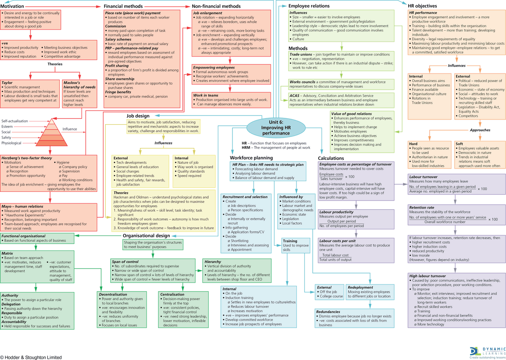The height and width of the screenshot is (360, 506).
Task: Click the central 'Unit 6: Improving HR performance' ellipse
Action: tap(276, 127)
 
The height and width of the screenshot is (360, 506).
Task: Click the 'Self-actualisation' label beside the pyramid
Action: tap(15, 121)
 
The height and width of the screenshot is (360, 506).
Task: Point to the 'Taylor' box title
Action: tap(7, 83)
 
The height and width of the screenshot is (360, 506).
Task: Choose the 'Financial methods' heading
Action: tap(123, 6)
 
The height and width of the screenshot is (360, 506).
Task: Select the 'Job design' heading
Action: tap(138, 116)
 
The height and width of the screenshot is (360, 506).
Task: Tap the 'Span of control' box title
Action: tap(125, 262)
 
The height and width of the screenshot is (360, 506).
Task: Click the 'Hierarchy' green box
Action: tap(237, 271)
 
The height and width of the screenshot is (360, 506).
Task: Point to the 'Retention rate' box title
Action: tap(422, 207)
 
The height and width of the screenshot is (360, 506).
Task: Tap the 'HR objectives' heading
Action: tap(423, 6)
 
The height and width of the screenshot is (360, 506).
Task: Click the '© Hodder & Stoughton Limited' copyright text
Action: tap(31, 357)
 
